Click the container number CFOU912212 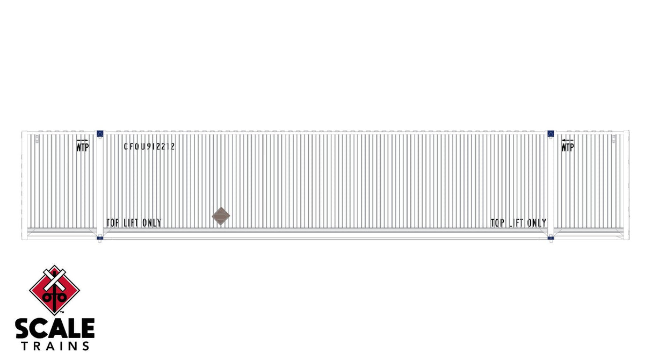[x=149, y=146]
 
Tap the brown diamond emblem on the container [x=221, y=217]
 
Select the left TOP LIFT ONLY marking [x=134, y=223]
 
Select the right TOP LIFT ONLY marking [x=518, y=223]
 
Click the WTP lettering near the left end [x=82, y=147]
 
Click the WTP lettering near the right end [x=567, y=147]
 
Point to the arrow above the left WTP [x=82, y=140]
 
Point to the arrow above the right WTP [x=567, y=140]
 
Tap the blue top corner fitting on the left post [x=99, y=133]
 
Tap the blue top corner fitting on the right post [x=550, y=133]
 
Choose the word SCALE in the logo [x=55, y=329]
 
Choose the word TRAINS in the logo [x=55, y=345]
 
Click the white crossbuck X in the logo [x=54, y=277]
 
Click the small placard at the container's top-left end [x=37, y=139]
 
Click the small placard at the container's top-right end [x=613, y=139]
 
